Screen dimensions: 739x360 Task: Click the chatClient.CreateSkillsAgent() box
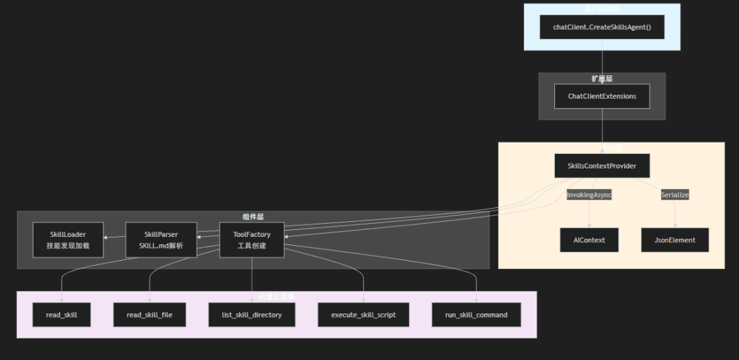pos(602,27)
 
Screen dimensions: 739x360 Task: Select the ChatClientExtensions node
pos(602,97)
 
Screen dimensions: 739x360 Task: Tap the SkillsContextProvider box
pos(602,166)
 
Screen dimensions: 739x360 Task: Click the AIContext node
pos(589,240)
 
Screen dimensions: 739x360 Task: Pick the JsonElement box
pos(675,240)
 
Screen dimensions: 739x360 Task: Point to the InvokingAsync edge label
pos(589,195)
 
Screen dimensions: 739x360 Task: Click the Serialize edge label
pos(675,195)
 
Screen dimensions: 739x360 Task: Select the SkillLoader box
pos(68,240)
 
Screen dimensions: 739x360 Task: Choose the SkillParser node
pos(161,240)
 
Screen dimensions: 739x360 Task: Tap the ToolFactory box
pos(252,240)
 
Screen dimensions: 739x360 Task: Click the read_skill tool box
pos(62,315)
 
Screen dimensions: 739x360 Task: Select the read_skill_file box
pos(149,315)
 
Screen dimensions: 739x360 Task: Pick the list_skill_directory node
pos(252,315)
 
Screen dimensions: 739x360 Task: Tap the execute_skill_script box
pos(363,315)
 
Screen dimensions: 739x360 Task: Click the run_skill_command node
pos(476,315)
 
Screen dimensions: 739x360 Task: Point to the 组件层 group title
pos(253,216)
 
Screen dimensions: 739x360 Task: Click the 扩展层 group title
pos(602,79)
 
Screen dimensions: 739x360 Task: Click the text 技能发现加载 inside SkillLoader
pos(68,246)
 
